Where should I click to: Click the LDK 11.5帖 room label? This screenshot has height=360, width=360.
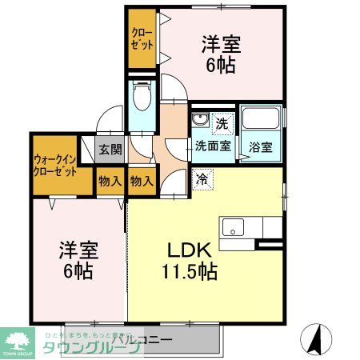[x=189, y=260]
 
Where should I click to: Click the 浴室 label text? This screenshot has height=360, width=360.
[x=260, y=148]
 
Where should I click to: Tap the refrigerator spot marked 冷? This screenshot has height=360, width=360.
[x=202, y=178]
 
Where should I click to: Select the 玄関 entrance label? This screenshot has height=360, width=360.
[x=110, y=149]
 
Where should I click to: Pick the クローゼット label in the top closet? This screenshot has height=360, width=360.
[x=143, y=38]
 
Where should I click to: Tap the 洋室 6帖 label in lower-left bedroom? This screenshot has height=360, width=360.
[x=74, y=260]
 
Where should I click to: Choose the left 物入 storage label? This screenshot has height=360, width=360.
[x=110, y=182]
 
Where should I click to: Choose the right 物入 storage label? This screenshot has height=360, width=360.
[x=141, y=182]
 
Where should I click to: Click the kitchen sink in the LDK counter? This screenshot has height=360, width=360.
[x=234, y=224]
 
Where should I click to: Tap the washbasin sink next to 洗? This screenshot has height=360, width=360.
[x=200, y=122]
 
